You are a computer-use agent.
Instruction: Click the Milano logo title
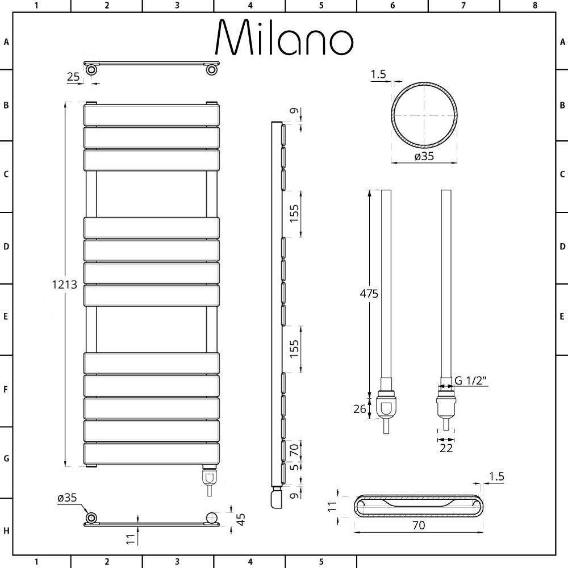point(285,37)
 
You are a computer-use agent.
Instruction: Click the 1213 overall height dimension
point(65,285)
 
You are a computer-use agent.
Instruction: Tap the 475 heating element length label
point(369,294)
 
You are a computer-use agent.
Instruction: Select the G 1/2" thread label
point(470,381)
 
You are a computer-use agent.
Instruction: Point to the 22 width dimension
point(446,448)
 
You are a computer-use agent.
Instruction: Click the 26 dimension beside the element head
point(360,409)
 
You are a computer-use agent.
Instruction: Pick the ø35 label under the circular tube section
point(424,157)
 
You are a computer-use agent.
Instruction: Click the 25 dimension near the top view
point(73,77)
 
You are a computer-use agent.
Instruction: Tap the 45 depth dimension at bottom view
point(241,519)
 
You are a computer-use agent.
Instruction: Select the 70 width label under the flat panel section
point(419,525)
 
